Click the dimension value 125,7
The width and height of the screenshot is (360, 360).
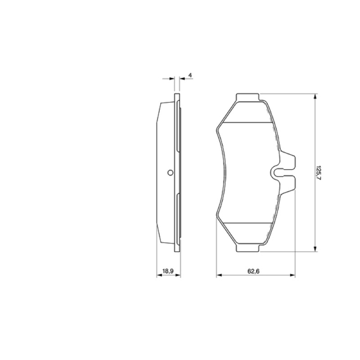(x=318, y=172)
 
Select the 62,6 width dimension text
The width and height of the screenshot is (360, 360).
(x=253, y=271)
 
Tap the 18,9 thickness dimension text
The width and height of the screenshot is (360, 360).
(x=168, y=271)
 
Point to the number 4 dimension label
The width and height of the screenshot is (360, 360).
(x=190, y=75)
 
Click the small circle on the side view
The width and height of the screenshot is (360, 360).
(x=170, y=172)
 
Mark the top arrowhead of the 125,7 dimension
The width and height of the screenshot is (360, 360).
(x=315, y=96)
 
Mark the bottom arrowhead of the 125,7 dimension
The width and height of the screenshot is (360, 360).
(x=315, y=249)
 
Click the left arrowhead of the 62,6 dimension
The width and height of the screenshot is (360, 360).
(x=219, y=275)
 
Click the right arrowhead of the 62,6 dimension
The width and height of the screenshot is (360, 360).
(x=292, y=275)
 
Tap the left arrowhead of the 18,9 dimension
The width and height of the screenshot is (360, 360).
(x=159, y=275)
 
